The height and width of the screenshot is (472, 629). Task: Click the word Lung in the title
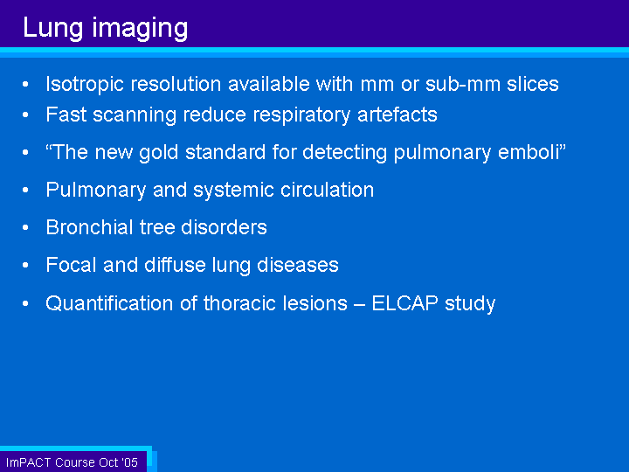point(52,28)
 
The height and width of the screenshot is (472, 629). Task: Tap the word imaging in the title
point(140,29)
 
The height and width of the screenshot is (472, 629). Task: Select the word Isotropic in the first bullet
point(85,85)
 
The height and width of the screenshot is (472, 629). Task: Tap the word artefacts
point(397,115)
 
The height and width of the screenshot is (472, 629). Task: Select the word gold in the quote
point(158,153)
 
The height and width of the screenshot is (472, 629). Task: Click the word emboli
point(529,152)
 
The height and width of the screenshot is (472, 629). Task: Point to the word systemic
point(233,191)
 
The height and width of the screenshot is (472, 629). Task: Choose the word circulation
point(327,190)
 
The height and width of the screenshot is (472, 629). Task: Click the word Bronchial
point(89,227)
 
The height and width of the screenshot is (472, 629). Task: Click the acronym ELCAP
point(404,303)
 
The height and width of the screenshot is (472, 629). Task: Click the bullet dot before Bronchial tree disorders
point(25,227)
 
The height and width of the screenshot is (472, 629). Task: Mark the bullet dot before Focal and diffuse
point(25,266)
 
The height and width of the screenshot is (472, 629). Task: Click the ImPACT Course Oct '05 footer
point(72,462)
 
